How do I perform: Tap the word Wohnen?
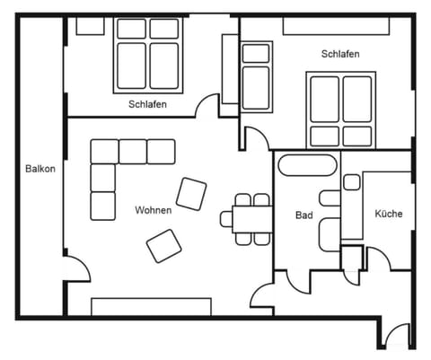(153, 210)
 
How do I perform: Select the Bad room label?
(303, 215)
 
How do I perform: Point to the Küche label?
(388, 214)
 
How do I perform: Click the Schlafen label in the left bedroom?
(148, 104)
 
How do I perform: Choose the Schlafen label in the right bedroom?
(340, 55)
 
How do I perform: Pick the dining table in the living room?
(251, 218)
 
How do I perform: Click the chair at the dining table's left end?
(226, 218)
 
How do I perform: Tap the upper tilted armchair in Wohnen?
(191, 193)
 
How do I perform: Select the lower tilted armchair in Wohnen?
(164, 245)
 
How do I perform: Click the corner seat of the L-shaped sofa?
(103, 152)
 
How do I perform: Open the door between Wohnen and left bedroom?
(208, 107)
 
